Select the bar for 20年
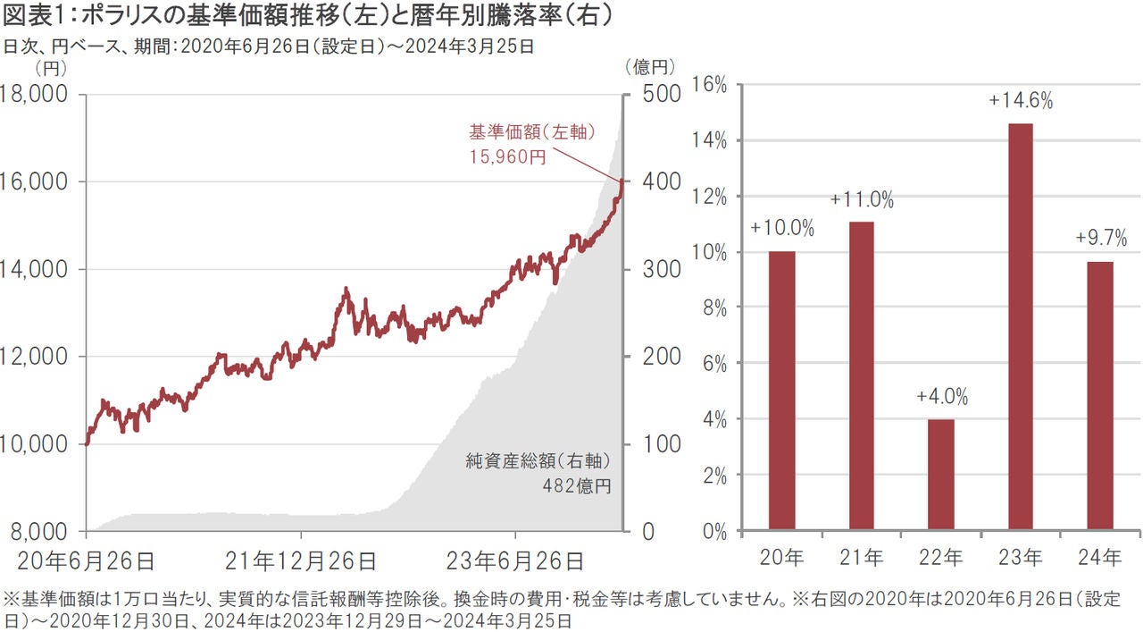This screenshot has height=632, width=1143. point(781,391)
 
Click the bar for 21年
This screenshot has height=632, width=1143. point(862,375)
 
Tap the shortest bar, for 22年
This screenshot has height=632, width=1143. point(941,474)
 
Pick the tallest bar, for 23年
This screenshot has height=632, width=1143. point(1021,326)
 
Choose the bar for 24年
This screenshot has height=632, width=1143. point(1100,395)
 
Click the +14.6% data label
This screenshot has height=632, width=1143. point(1021,101)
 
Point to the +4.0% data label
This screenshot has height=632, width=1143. point(941,397)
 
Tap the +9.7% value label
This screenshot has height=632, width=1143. point(1100,239)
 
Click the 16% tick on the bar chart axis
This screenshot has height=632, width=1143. point(710,85)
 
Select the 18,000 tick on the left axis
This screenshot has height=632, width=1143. point(39,94)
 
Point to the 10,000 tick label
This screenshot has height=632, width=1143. point(39,444)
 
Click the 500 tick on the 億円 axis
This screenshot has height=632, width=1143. point(662,94)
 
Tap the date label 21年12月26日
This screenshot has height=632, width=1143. point(300,561)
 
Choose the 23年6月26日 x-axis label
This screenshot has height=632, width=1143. point(516,561)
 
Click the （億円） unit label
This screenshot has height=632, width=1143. point(648,66)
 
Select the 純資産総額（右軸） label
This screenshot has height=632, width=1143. point(538,461)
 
